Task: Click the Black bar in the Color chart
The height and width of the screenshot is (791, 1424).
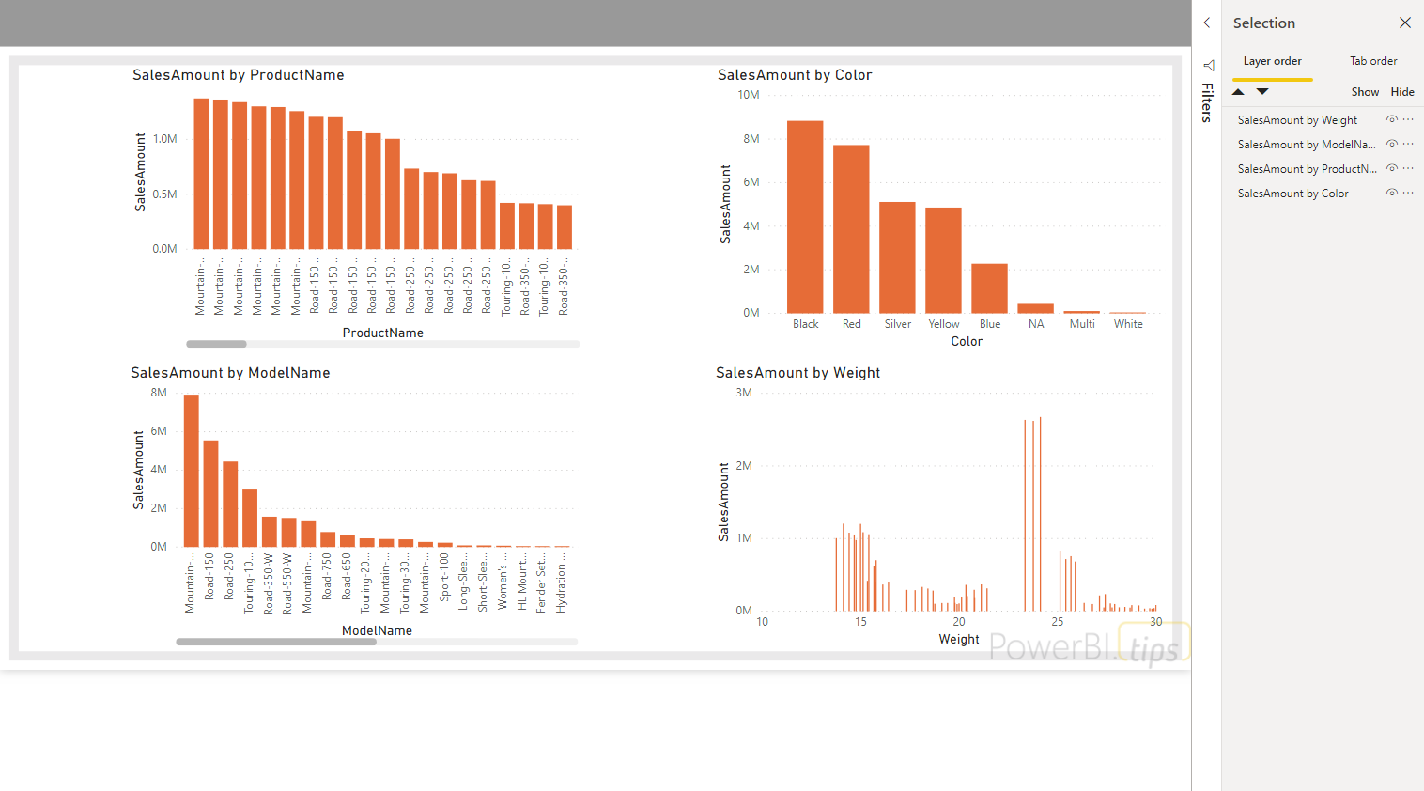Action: coord(805,217)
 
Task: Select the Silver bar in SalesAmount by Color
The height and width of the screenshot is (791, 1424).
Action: coord(897,257)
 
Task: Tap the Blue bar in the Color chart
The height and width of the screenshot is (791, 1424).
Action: coord(989,288)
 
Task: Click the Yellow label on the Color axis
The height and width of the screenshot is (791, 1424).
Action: coord(943,324)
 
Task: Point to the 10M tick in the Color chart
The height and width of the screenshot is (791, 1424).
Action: coord(748,95)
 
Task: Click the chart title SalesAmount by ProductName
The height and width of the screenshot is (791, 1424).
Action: coord(238,75)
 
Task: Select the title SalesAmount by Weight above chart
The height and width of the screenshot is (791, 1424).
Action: coord(797,373)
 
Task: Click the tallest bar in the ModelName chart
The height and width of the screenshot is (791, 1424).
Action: coord(192,471)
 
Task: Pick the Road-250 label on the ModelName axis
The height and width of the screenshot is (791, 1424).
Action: coord(229,577)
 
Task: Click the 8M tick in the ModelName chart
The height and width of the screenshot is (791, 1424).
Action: coord(159,393)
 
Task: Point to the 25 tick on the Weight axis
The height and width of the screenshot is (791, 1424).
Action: coord(1058,622)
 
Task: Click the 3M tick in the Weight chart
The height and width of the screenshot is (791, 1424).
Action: coord(743,393)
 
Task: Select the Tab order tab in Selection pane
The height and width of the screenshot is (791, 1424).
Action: coord(1373,61)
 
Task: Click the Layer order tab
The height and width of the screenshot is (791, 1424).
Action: coord(1272,61)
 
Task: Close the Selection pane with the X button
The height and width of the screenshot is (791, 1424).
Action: coord(1404,23)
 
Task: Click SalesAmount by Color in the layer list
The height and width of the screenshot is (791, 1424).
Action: coord(1292,194)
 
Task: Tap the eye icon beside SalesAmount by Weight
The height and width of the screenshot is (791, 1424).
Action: coord(1391,119)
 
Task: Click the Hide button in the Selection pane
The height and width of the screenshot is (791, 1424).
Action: coord(1401,92)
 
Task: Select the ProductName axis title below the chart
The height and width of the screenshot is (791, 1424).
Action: coord(382,333)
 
